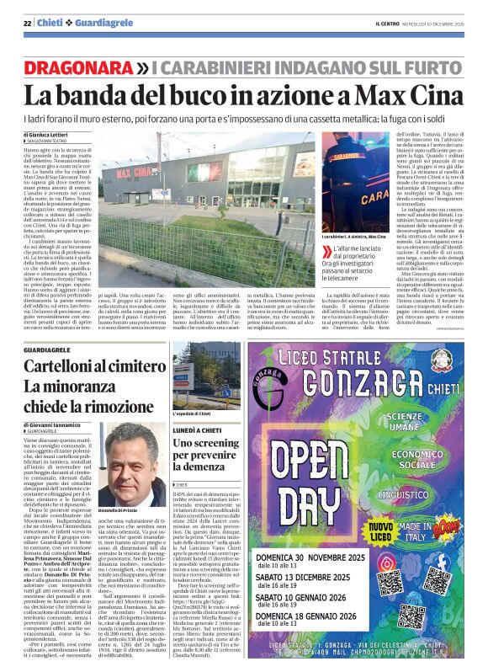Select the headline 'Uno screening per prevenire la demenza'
point(206,456)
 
